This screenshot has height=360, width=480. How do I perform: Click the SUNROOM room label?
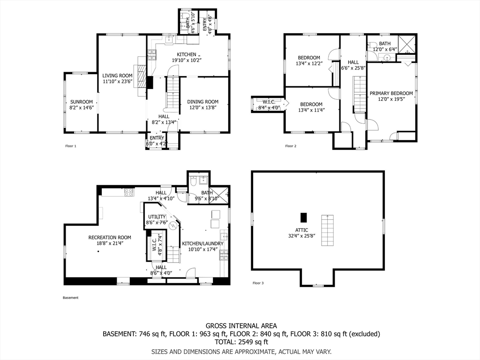pos(82,102)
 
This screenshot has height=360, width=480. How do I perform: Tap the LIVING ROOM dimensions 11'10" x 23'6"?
pos(118,81)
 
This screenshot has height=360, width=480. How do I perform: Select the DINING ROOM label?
pos(202,102)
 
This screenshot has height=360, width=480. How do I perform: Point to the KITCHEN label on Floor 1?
pos(187,54)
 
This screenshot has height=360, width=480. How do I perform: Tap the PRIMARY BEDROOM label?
pos(391,93)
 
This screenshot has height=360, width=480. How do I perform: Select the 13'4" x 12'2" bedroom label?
pos(308,58)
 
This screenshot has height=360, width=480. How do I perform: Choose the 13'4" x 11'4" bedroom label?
pos(311,104)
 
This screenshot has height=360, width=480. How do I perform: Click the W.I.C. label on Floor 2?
pos(269,102)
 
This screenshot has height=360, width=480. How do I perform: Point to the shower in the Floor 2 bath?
pos(406,44)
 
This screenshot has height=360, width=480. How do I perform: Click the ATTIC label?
pos(301,230)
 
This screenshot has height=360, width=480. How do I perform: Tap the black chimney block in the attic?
pos(303,217)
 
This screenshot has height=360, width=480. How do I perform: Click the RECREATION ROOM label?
pos(110,237)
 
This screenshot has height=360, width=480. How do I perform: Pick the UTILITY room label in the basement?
pos(156,217)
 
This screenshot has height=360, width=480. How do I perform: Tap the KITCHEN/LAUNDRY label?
pos(202,244)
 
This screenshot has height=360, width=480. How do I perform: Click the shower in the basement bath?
pos(219,194)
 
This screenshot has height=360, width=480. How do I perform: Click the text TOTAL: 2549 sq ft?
pos(241,342)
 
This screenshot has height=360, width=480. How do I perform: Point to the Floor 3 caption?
pos(258,283)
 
